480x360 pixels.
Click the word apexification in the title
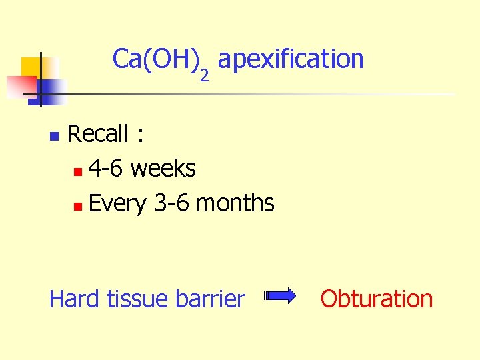(291, 59)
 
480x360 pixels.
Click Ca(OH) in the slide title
(155, 59)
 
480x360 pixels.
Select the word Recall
(97, 134)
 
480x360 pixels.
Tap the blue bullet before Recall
(55, 137)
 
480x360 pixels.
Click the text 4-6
(105, 169)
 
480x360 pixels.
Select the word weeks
(163, 169)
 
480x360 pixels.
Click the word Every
(117, 203)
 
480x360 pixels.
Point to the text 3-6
(172, 203)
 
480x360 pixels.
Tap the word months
(235, 203)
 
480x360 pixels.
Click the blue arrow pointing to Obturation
(281, 297)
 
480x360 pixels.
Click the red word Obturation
(377, 299)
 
